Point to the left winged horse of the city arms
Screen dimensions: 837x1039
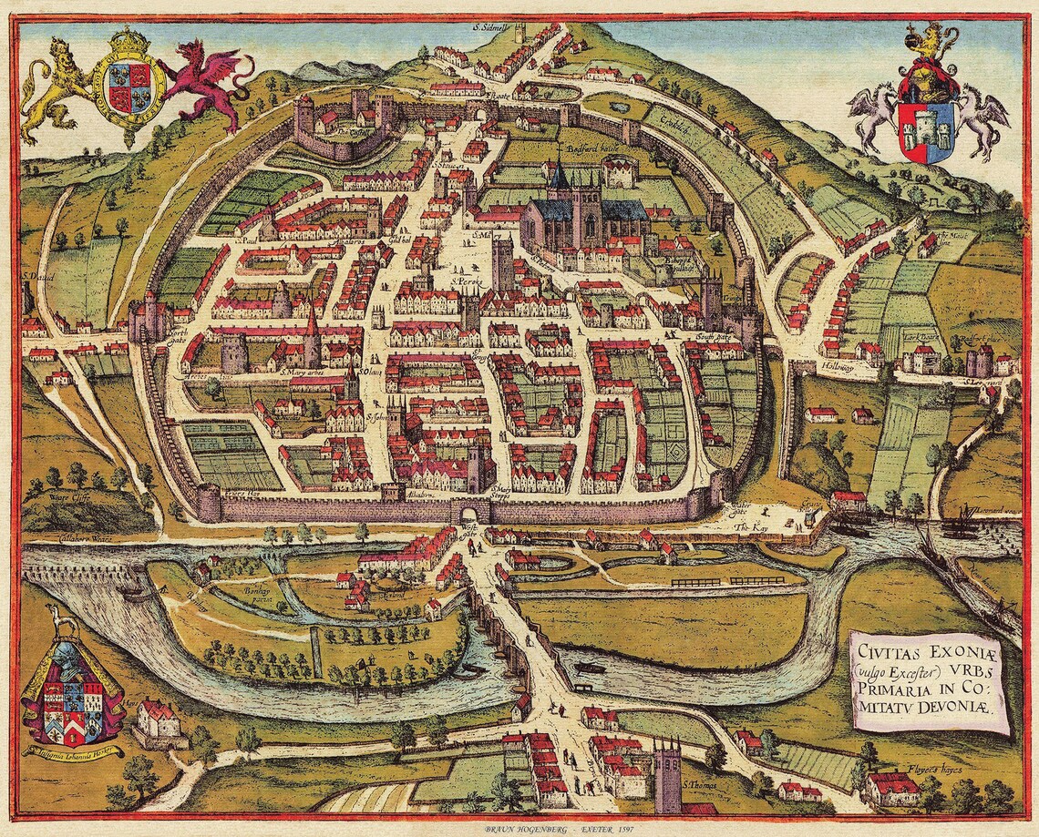pos(873,114)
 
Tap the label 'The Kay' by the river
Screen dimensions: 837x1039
pos(746,526)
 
